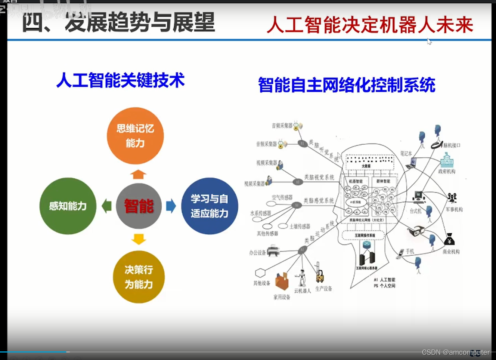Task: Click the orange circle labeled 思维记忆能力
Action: (135, 136)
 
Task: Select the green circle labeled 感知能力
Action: (68, 206)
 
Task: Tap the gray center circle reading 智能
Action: (139, 206)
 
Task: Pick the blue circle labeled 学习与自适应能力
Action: (210, 206)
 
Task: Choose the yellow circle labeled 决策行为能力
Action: (139, 277)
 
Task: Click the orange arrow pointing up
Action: (138, 174)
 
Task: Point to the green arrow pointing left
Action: (107, 206)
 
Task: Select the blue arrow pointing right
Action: (171, 206)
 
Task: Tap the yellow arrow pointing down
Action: (139, 239)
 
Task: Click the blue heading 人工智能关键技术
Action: (121, 80)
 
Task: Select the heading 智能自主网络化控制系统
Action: (347, 85)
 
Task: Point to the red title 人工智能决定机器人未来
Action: (370, 25)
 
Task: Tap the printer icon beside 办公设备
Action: (273, 251)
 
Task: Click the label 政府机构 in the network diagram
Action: (447, 171)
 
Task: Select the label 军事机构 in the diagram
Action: (454, 210)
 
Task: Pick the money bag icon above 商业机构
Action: (449, 239)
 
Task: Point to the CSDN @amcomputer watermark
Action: (456, 352)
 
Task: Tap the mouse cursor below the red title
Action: (429, 41)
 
